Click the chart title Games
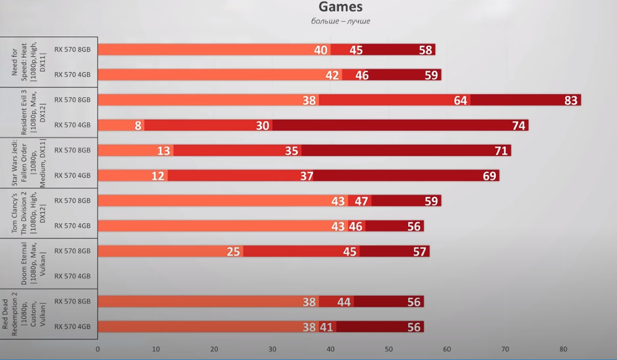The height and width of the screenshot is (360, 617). click(x=340, y=7)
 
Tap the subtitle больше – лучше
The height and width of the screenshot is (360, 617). click(x=340, y=21)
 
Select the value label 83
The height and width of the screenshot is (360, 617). click(x=571, y=100)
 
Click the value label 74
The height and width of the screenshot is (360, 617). click(x=519, y=125)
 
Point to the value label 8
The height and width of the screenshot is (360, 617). click(x=139, y=125)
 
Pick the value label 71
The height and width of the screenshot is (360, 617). click(x=501, y=151)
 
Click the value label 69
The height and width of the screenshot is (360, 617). click(x=489, y=175)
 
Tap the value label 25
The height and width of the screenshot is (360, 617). click(x=233, y=251)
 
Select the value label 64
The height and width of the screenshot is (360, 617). click(x=460, y=100)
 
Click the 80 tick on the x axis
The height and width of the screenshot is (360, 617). click(x=563, y=349)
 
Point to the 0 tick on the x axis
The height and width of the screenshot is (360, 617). click(x=98, y=349)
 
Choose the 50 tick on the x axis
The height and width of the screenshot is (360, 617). click(x=389, y=349)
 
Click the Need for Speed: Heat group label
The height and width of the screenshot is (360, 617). click(x=25, y=62)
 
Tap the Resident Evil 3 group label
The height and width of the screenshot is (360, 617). click(x=25, y=113)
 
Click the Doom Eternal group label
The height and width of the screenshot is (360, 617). click(x=29, y=264)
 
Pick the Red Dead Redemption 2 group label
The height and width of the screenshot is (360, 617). click(x=25, y=314)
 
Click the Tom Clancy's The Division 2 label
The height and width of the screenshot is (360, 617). click(x=25, y=213)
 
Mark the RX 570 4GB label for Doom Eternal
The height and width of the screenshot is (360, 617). click(x=72, y=276)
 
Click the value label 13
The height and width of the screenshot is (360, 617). click(x=164, y=151)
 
